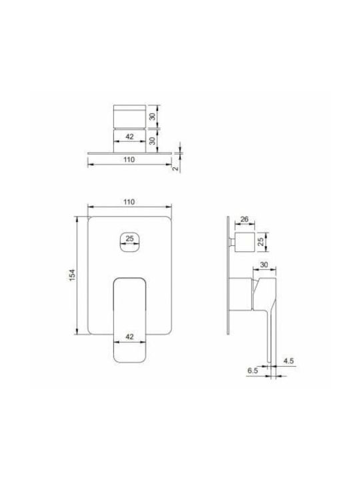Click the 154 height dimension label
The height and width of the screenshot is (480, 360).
pos(72,275)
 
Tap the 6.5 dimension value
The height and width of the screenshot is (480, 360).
pos(253,371)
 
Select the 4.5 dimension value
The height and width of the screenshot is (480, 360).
pos(289,361)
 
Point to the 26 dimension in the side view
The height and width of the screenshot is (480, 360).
pos(244,219)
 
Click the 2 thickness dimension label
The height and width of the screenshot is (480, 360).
pos(176,169)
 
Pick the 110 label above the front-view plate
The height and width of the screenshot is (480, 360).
pos(129,202)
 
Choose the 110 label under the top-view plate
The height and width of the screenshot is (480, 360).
pos(129,160)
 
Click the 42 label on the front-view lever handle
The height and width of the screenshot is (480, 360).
pos(129,337)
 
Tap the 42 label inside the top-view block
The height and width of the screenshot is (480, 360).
pos(129,137)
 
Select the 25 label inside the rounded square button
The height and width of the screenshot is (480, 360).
pos(129,239)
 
